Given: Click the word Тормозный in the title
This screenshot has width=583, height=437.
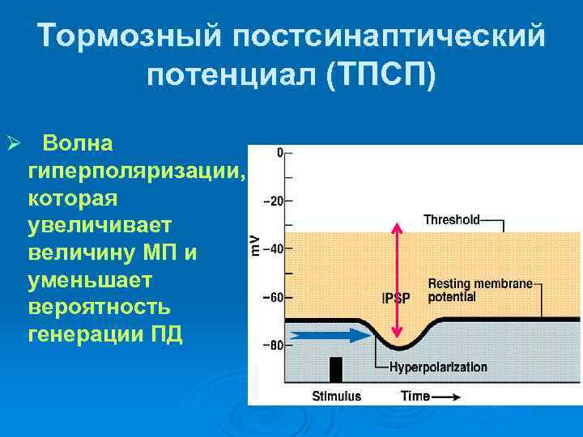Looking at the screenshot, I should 129,36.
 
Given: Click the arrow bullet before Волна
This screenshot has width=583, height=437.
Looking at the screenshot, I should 11,144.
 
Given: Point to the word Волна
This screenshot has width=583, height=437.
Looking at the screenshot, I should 79,143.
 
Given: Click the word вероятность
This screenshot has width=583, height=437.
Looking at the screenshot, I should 99,308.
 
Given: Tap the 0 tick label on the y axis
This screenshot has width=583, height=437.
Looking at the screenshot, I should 279,152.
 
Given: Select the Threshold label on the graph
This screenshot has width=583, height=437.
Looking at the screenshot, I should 452,219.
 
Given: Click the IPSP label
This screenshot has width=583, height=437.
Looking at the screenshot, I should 396,298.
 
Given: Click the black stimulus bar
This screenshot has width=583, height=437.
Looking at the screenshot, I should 335,369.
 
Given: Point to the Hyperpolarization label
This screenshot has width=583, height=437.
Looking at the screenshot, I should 438,367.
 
